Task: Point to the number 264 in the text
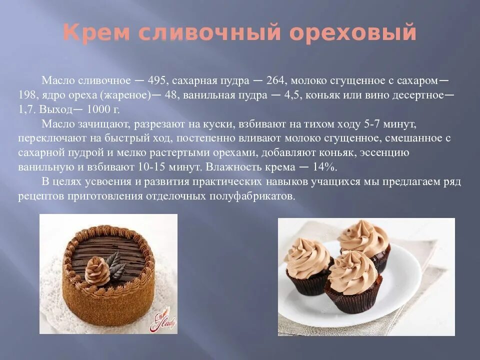tap(274, 80)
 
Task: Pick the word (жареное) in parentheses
tap(123, 95)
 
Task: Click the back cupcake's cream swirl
tap(364, 237)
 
